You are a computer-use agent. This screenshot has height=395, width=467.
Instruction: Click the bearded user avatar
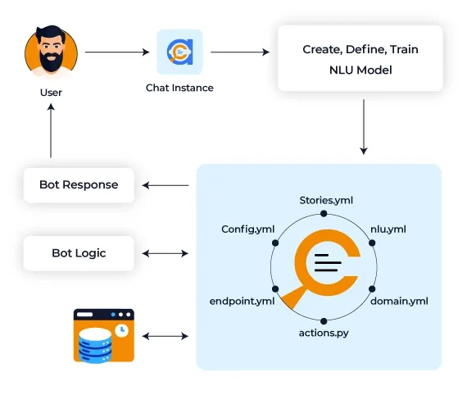[52, 52]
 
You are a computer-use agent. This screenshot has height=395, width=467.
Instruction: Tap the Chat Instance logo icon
[180, 52]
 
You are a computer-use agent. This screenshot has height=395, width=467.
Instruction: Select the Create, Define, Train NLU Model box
[360, 58]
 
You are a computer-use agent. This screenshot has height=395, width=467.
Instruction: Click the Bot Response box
[79, 185]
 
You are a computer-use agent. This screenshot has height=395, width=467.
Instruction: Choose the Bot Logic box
[79, 253]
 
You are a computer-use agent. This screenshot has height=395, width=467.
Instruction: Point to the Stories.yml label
[326, 201]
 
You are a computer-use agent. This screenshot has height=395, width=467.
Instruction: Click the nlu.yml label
[388, 229]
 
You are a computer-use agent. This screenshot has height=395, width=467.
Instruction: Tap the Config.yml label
[247, 229]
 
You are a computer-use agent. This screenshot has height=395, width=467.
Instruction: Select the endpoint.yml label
[242, 301]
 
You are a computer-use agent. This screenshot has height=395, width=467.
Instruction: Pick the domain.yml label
[399, 301]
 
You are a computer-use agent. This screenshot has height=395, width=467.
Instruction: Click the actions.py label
[324, 333]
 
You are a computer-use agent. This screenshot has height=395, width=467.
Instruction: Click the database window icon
[104, 336]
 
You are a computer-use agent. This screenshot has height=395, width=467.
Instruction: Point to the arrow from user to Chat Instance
[117, 52]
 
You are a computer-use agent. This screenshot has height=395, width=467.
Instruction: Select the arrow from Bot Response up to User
[51, 130]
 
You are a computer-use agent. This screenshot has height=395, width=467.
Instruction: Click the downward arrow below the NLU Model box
[363, 127]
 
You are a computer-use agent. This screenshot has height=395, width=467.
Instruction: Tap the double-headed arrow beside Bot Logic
[165, 253]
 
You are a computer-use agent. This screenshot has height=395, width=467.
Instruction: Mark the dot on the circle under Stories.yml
[324, 214]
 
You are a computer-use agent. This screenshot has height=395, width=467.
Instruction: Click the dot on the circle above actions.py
[324, 321]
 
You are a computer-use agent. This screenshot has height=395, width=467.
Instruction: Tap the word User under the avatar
[51, 93]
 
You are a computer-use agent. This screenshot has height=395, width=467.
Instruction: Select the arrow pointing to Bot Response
[165, 185]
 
